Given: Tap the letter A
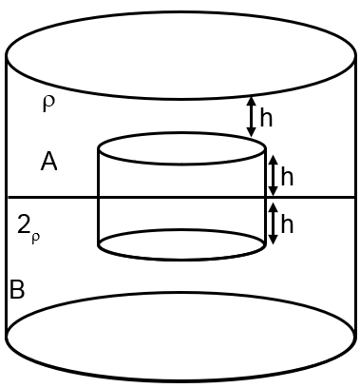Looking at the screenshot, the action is point(49,163).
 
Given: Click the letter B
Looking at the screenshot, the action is point(16,290).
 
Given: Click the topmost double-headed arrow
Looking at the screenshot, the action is point(251,115).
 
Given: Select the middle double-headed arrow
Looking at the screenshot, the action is point(273,175).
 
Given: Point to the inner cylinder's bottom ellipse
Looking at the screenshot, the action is point(181,257).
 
